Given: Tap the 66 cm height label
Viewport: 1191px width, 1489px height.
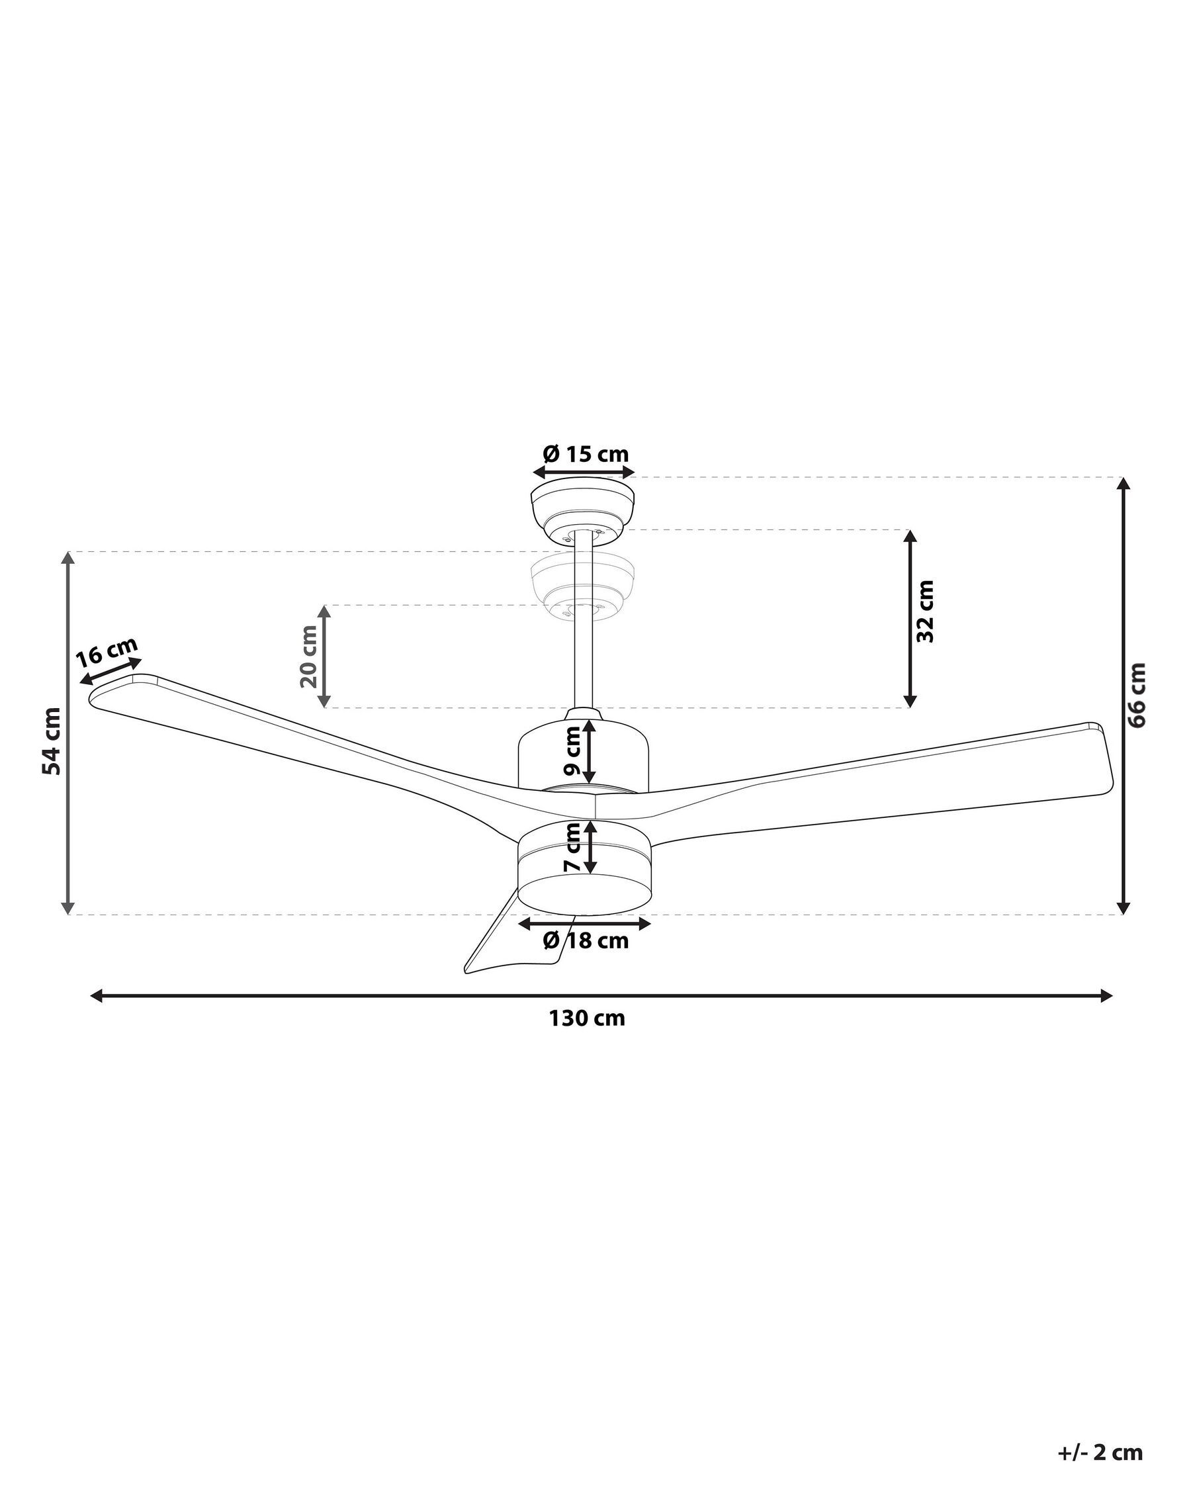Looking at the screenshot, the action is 1137,695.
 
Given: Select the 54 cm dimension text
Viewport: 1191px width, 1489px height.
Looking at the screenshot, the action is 52,741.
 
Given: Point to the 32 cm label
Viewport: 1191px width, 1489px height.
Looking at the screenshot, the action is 924,611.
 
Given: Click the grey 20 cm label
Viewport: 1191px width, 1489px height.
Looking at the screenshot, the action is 308,656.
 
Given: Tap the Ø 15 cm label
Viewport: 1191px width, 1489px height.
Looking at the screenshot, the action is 586,454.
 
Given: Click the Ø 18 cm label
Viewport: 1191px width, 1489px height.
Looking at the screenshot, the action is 586,940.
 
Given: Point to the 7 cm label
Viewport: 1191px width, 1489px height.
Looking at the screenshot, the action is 572,846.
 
